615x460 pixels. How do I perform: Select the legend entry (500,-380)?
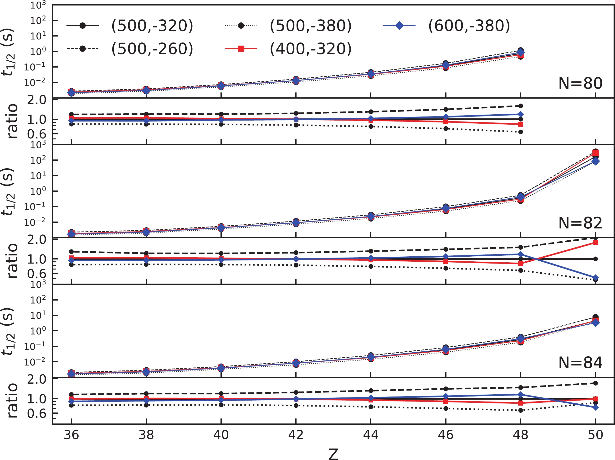(x=310, y=26)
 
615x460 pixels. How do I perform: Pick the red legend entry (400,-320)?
(x=310, y=49)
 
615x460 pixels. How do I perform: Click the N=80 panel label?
(x=580, y=83)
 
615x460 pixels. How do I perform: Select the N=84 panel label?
(x=580, y=363)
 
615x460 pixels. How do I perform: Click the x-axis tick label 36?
(x=72, y=435)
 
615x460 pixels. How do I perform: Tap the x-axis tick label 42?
(x=296, y=435)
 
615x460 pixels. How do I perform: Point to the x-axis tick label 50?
(x=595, y=435)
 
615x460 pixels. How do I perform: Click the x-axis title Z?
(x=333, y=453)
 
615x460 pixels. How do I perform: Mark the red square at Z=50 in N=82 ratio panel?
(x=595, y=243)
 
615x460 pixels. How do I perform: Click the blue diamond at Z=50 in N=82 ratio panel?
(x=595, y=278)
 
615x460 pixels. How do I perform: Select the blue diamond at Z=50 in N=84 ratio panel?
(x=595, y=407)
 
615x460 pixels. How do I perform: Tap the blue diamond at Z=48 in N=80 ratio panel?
(x=520, y=114)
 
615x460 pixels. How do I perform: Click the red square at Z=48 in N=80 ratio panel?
(x=520, y=124)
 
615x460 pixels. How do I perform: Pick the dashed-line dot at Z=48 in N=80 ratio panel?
(x=520, y=106)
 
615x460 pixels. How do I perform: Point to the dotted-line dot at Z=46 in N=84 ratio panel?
(x=446, y=408)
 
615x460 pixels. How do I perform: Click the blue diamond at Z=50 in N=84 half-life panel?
(x=595, y=323)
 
